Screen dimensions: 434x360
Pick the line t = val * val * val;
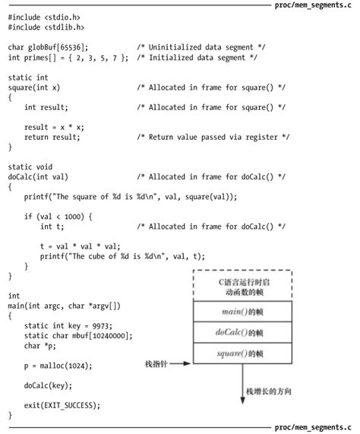point(80,246)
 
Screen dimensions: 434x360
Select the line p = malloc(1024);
point(59,365)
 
